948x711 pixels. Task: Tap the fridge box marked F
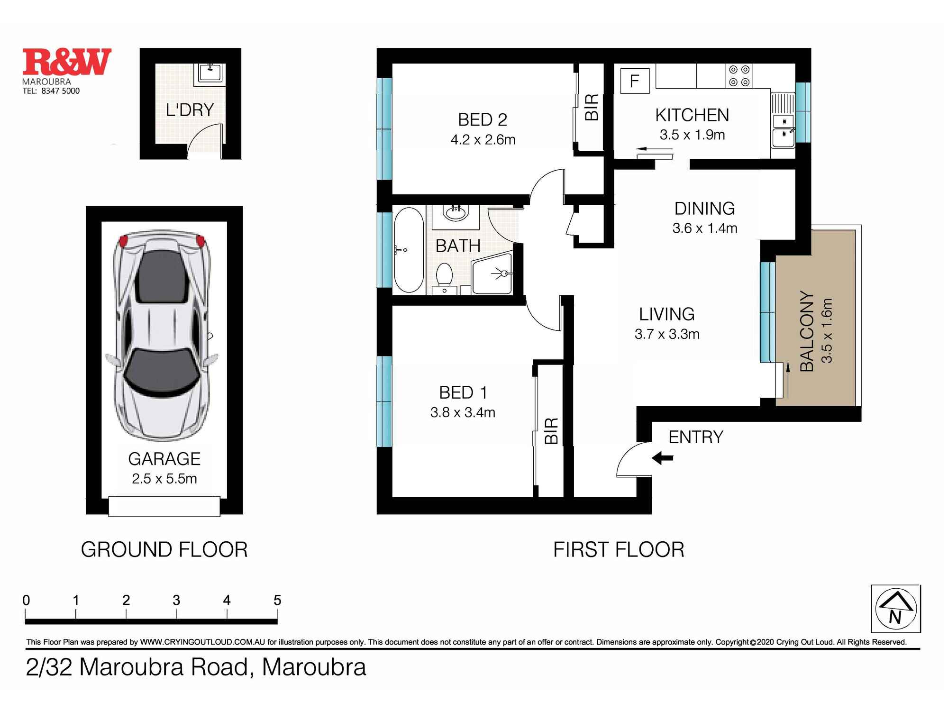(x=634, y=81)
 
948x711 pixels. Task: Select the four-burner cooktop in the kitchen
(x=739, y=76)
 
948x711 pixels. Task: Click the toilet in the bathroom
(x=444, y=275)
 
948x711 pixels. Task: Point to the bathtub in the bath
(x=409, y=250)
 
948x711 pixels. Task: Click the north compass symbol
(x=895, y=609)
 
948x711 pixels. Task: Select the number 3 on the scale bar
(x=176, y=601)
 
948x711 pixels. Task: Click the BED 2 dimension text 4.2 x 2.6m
(x=483, y=140)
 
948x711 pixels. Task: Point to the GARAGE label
(x=164, y=459)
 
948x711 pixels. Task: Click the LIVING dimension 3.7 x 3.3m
(x=666, y=334)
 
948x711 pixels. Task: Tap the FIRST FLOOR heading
(x=618, y=550)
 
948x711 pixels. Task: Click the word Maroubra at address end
(x=314, y=667)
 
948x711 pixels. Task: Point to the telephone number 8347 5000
(x=60, y=91)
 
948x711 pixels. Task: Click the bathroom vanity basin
(x=456, y=213)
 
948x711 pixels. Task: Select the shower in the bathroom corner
(x=493, y=274)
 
